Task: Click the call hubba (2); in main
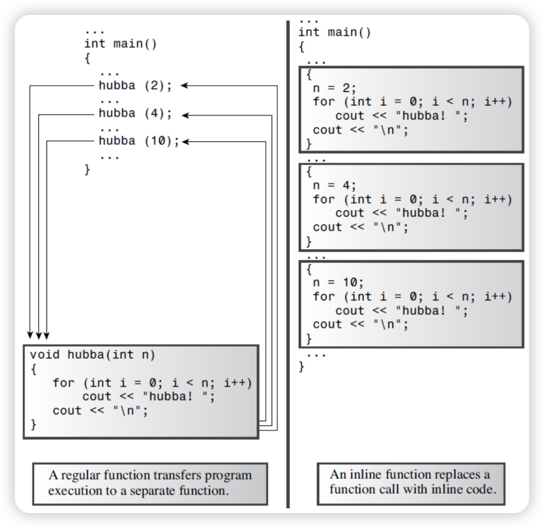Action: pos(135,86)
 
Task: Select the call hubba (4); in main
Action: pos(135,113)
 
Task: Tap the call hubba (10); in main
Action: pos(139,141)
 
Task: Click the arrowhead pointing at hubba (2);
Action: pos(185,86)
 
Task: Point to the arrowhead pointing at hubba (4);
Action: pos(186,115)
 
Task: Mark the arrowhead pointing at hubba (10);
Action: pos(186,142)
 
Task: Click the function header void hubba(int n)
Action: pos(92,355)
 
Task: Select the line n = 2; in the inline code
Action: pos(334,88)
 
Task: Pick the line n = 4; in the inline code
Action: pos(334,185)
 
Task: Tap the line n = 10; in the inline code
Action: pos(338,282)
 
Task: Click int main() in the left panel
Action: pos(120,43)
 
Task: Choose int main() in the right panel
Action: pos(334,32)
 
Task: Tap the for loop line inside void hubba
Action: pos(152,383)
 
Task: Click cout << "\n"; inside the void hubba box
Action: pos(100,410)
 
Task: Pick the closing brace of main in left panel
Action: pos(87,170)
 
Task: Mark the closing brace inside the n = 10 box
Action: pos(308,339)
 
